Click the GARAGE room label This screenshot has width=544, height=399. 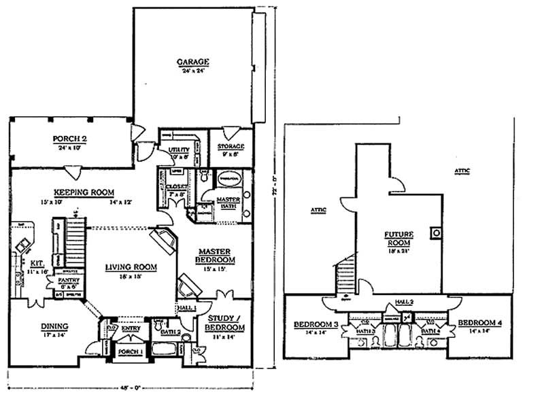coord(192,63)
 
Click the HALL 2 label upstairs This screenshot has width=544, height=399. coord(399,306)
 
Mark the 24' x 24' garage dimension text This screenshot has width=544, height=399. coord(192,71)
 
